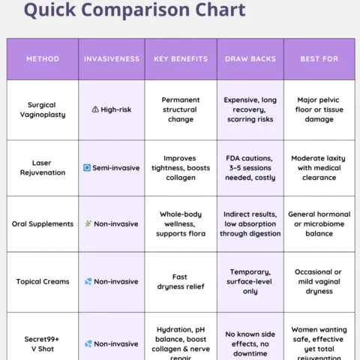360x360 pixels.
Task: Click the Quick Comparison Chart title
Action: click(134, 10)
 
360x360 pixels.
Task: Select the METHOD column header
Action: click(43, 59)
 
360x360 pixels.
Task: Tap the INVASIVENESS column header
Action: click(111, 59)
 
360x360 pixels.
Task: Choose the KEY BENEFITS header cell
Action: click(181, 59)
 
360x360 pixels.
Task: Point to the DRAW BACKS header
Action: click(250, 59)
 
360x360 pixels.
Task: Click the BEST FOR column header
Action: click(319, 59)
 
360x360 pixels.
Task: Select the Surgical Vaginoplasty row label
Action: click(42, 109)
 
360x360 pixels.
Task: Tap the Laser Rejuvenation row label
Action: click(42, 168)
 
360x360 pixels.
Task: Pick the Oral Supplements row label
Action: click(43, 223)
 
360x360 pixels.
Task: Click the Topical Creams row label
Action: click(43, 281)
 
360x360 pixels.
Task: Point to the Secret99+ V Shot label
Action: click(42, 343)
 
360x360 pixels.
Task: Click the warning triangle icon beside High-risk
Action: click(95, 109)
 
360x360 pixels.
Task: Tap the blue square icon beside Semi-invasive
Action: click(87, 168)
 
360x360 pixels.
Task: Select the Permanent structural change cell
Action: click(181, 109)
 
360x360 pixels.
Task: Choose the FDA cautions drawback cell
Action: click(250, 168)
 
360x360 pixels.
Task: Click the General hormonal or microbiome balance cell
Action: click(319, 223)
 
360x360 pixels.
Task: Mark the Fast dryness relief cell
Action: click(181, 281)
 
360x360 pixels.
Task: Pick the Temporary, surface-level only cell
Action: click(250, 281)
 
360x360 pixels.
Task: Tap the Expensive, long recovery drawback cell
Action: click(250, 109)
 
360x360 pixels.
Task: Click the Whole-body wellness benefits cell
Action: click(181, 223)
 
